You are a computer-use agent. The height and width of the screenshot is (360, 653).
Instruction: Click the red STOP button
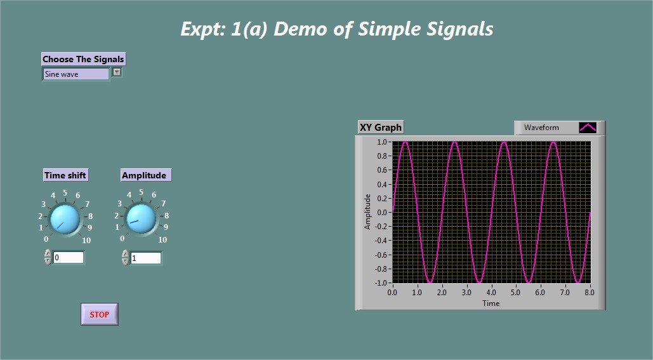point(100,314)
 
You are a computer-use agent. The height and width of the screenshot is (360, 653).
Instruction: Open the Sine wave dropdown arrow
point(117,72)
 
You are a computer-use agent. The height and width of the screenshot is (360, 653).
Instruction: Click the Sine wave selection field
point(76,74)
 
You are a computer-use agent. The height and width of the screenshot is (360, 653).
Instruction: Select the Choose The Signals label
point(83,59)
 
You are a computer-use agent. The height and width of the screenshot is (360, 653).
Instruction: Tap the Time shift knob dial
point(65,219)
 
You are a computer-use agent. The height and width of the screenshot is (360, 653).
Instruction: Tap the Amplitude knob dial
point(141,219)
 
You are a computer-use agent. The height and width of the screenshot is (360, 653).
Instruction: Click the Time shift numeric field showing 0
point(69,258)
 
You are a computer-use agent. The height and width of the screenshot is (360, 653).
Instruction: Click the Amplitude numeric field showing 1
point(146,258)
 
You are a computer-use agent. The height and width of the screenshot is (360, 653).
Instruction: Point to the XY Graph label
point(381,127)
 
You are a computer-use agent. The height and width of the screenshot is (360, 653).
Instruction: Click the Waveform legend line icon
point(588,128)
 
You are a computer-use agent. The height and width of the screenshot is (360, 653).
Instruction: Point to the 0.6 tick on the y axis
point(384,170)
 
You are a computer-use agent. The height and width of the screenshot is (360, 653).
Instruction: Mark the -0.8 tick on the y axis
point(383,269)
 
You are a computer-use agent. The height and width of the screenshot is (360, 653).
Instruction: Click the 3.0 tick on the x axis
point(466,293)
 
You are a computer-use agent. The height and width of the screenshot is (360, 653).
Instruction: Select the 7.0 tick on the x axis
point(565,293)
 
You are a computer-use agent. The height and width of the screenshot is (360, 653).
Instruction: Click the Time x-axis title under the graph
point(491,303)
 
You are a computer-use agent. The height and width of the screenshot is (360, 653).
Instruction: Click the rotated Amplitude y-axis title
point(367,211)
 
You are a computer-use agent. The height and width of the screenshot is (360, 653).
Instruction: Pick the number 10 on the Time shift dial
point(86,240)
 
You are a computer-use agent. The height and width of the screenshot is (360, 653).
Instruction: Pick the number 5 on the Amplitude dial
point(142,192)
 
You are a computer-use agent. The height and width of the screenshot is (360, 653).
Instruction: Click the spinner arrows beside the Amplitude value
point(126,258)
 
